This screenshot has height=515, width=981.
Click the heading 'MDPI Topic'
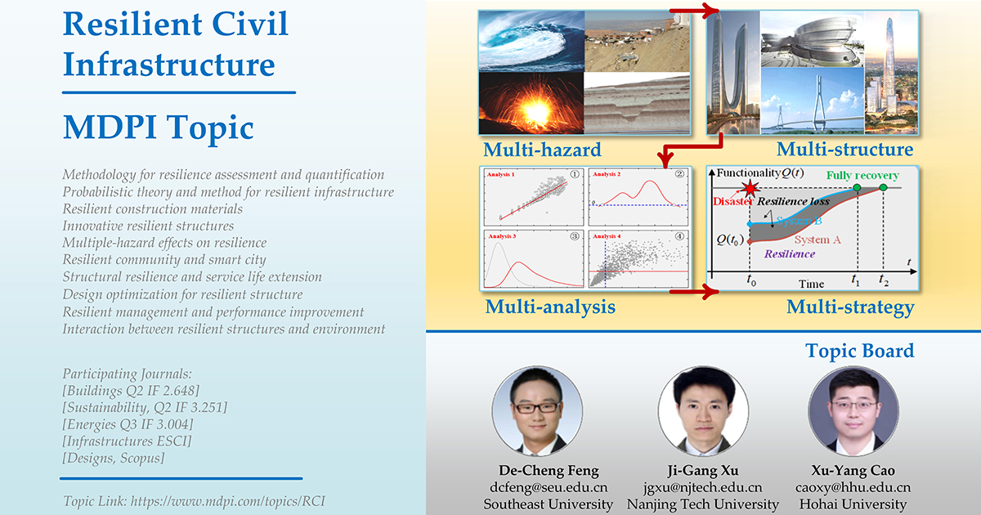158,128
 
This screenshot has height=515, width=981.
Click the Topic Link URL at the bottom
194,500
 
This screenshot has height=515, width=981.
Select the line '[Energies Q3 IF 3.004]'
128,423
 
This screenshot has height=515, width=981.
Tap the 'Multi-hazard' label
541,150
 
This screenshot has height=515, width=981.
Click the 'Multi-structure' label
844,150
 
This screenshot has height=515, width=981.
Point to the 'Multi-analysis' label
549,307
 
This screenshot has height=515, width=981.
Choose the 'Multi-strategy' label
849,307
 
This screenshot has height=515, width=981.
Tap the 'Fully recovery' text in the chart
862,176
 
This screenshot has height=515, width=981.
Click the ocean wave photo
529,42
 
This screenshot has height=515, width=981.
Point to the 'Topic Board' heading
859,351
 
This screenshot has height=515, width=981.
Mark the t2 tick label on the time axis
884,280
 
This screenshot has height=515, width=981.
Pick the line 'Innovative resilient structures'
148,226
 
